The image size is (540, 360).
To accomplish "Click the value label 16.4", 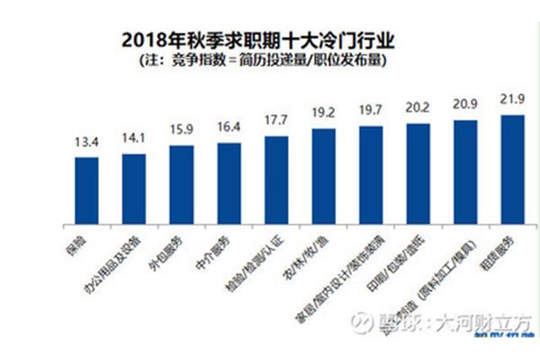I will pos(229,128).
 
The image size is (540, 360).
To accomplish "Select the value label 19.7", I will pos(370,111).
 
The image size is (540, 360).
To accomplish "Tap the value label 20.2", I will pos(418,108).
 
